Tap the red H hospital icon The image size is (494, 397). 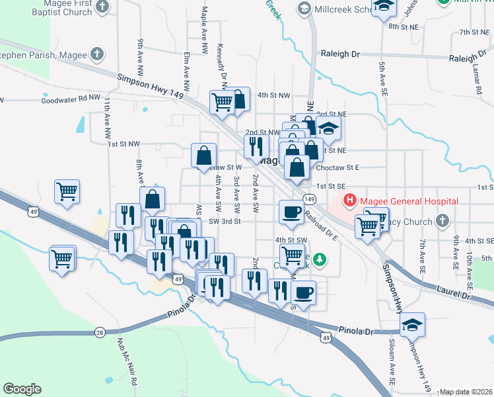pos(349,200)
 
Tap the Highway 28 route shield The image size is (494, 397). pos(100,332)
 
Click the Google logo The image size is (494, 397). pos(22,389)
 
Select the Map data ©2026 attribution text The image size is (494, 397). pos(466,392)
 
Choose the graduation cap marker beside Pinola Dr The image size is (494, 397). pos(412,325)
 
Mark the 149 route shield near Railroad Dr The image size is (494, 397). pos(308,198)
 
